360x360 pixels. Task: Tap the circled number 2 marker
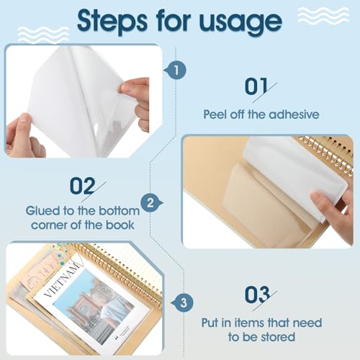[149, 204]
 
